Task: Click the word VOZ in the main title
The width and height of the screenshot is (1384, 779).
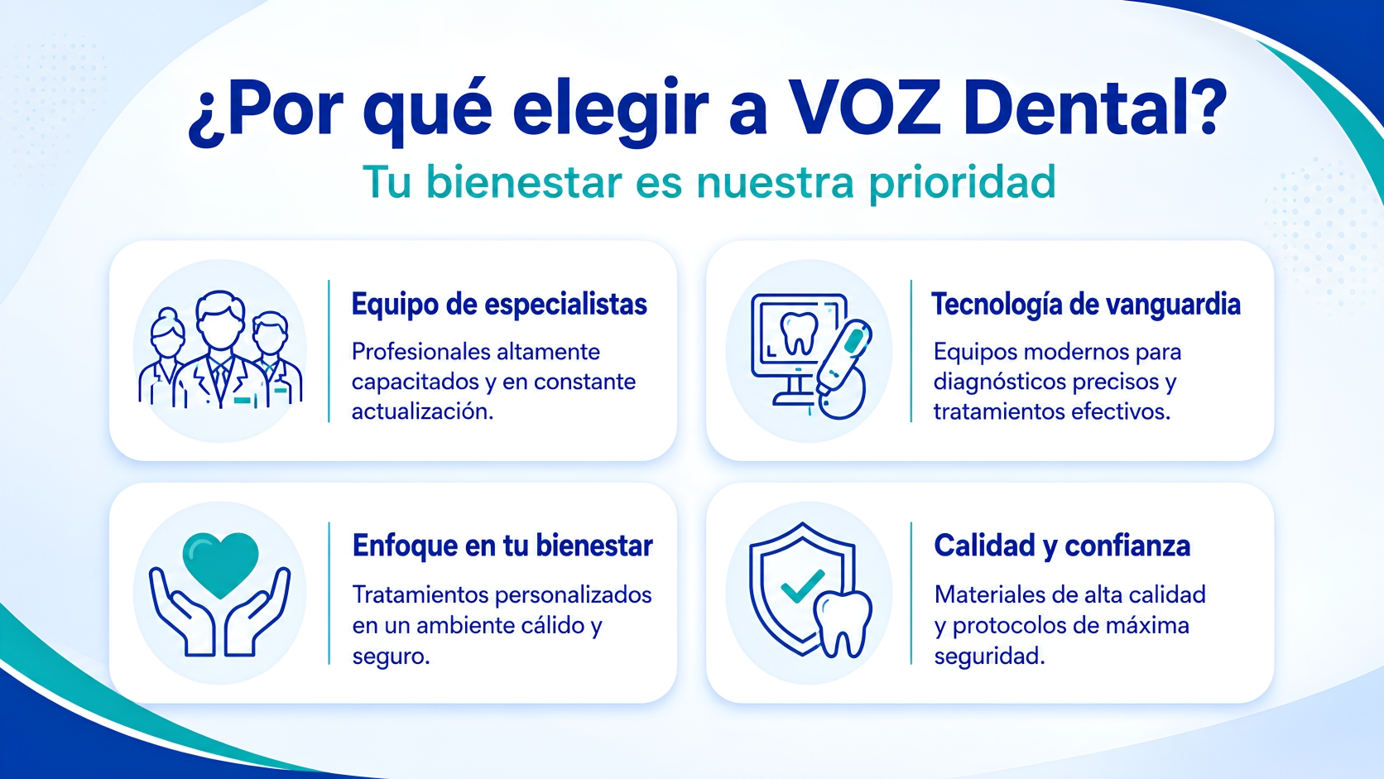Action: coord(865,110)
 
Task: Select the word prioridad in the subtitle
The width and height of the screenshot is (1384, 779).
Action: coord(963,184)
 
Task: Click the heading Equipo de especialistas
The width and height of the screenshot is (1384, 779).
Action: coord(499,305)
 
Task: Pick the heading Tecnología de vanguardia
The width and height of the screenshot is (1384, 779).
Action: coord(1085,305)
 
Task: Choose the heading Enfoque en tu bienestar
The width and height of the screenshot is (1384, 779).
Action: coord(502,546)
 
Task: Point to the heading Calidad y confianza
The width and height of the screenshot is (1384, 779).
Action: coord(1062,546)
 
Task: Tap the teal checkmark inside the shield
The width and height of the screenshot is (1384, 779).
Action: coord(803,585)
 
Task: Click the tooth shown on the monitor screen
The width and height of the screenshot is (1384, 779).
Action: coord(800,332)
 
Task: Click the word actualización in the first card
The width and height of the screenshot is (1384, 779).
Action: coord(423,411)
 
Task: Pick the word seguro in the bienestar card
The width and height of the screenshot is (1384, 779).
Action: coord(391,656)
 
